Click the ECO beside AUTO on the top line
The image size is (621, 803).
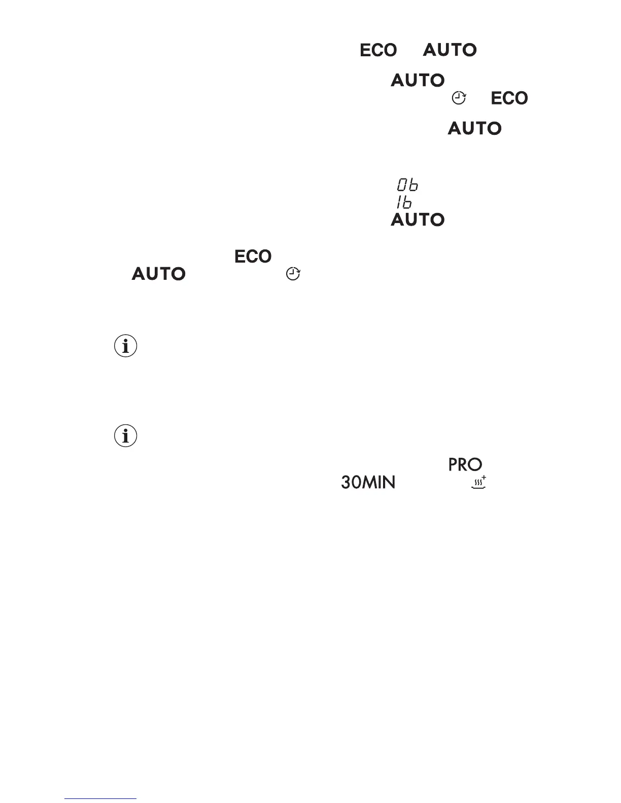pyautogui.click(x=378, y=50)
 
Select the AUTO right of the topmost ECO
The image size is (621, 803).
pyautogui.click(x=450, y=50)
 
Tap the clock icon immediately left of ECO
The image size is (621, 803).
pyautogui.click(x=458, y=98)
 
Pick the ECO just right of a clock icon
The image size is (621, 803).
pyautogui.click(x=509, y=98)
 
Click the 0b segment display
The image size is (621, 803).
pyautogui.click(x=407, y=185)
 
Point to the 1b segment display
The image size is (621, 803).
pyautogui.click(x=404, y=203)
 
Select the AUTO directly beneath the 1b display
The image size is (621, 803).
pyautogui.click(x=418, y=220)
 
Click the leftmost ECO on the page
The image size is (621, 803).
pyautogui.click(x=253, y=257)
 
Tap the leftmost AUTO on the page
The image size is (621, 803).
pyautogui.click(x=158, y=274)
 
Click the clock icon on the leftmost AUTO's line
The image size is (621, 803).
pyautogui.click(x=293, y=274)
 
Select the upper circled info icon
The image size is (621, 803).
pyautogui.click(x=126, y=347)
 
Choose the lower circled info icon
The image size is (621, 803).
pyautogui.click(x=126, y=436)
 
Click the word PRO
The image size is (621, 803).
pyautogui.click(x=465, y=464)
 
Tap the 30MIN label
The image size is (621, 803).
pyautogui.click(x=368, y=482)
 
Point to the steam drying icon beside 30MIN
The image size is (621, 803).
pyautogui.click(x=478, y=483)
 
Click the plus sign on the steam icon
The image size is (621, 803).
pyautogui.click(x=484, y=478)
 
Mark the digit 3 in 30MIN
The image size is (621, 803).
pyautogui.click(x=346, y=482)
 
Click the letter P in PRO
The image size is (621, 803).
pyautogui.click(x=453, y=464)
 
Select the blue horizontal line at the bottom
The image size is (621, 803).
pyautogui.click(x=100, y=799)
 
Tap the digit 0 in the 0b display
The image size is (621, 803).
pyautogui.click(x=402, y=185)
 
